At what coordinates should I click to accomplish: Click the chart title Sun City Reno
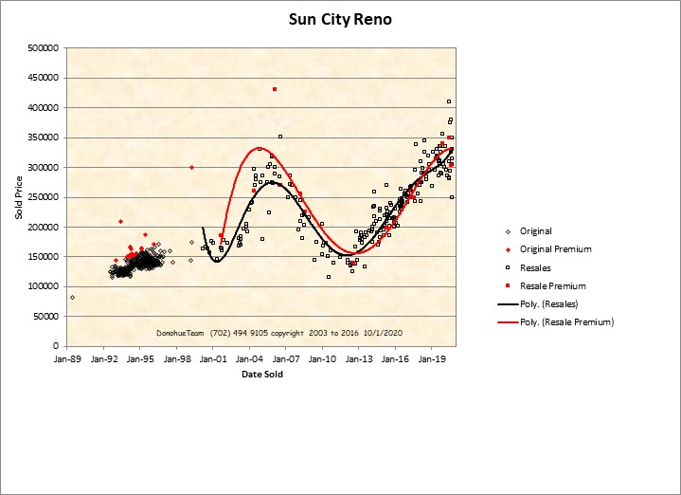340,18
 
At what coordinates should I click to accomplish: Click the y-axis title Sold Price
18,196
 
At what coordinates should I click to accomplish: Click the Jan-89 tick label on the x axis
68,360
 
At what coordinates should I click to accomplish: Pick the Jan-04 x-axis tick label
250,360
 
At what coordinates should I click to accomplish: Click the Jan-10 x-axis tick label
323,360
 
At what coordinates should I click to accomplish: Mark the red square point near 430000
275,89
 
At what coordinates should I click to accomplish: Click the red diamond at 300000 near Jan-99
191,167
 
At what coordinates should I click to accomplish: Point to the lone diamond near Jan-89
73,297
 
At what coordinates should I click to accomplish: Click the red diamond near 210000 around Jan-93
120,221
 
